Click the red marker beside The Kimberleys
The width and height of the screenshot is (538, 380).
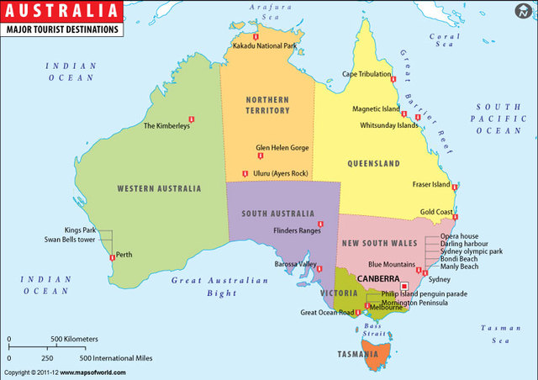click(x=193, y=119)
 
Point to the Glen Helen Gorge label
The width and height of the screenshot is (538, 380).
click(x=282, y=147)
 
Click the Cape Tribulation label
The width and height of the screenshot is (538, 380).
click(x=366, y=73)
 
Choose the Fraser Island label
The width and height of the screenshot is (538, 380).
click(x=431, y=184)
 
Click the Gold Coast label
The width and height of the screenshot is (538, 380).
click(x=437, y=212)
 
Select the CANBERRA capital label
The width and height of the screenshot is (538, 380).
click(x=379, y=277)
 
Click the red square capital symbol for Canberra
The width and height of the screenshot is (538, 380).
click(x=404, y=286)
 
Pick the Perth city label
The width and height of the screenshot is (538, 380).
click(x=124, y=254)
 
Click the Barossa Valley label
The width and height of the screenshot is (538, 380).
click(x=295, y=264)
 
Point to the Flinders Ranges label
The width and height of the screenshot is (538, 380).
click(x=298, y=230)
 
